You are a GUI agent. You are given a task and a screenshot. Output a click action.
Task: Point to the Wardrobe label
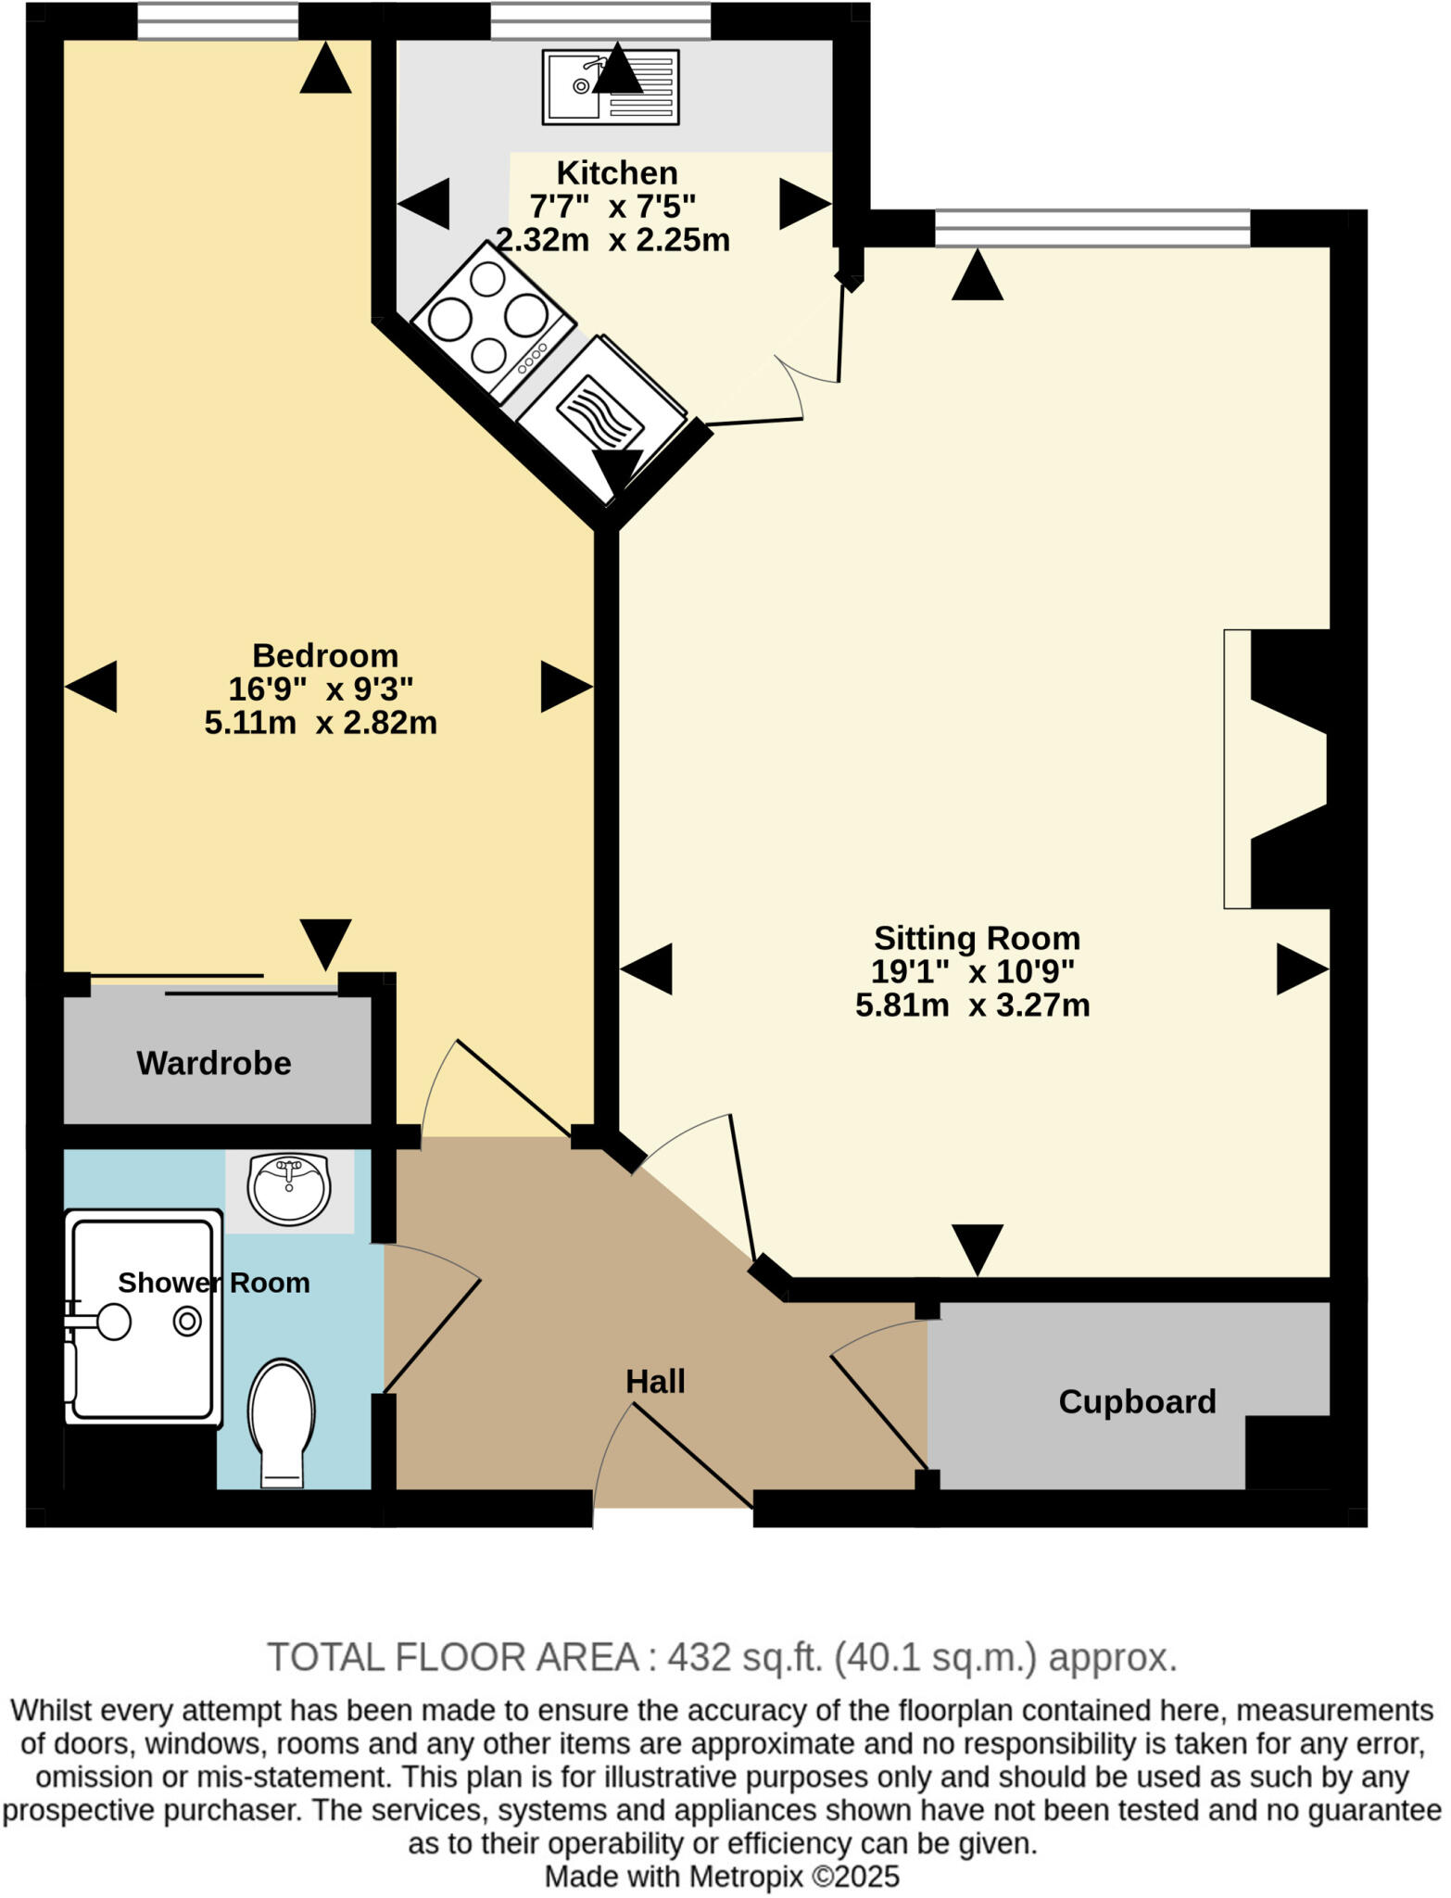[x=214, y=1063]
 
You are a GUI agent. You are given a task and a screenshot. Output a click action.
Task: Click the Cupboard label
[x=1137, y=1401]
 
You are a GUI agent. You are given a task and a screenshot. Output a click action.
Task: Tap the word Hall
[x=655, y=1381]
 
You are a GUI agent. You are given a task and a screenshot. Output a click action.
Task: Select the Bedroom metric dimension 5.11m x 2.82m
[x=321, y=723]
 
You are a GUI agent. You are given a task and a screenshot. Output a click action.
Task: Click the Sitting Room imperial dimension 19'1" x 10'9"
[x=972, y=971]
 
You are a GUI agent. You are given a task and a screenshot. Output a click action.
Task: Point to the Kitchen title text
[x=617, y=172]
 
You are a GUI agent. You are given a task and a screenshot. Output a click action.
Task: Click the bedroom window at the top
[x=218, y=22]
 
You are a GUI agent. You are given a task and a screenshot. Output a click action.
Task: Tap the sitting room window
[x=1092, y=229]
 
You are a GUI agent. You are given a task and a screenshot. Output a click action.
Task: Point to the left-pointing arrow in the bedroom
[x=91, y=687]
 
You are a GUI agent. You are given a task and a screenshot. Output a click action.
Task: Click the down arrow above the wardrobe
[x=326, y=943]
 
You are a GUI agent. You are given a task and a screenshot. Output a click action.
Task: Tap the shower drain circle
[x=187, y=1322]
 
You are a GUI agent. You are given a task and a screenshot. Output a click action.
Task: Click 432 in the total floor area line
[x=700, y=1656]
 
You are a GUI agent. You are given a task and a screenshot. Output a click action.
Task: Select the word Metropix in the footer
[x=747, y=1877]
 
